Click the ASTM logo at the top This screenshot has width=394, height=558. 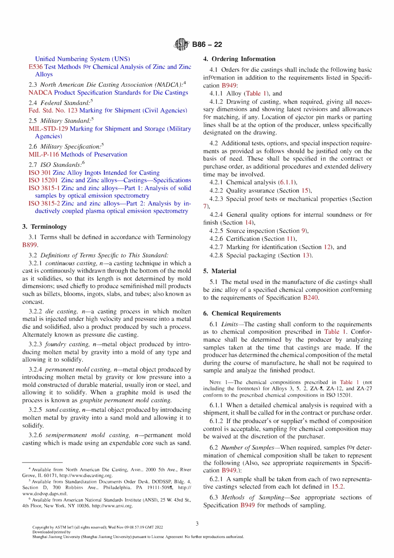181,44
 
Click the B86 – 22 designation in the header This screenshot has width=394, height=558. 207,44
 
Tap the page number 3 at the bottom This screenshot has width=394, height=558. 197,524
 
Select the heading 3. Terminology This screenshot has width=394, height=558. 44,227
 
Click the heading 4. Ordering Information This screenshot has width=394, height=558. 239,59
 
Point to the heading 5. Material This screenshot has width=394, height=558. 220,271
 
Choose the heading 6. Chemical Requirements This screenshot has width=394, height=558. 242,313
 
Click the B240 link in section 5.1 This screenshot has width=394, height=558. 311,298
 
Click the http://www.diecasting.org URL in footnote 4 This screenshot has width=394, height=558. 85,475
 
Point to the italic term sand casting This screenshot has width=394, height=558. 63,410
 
